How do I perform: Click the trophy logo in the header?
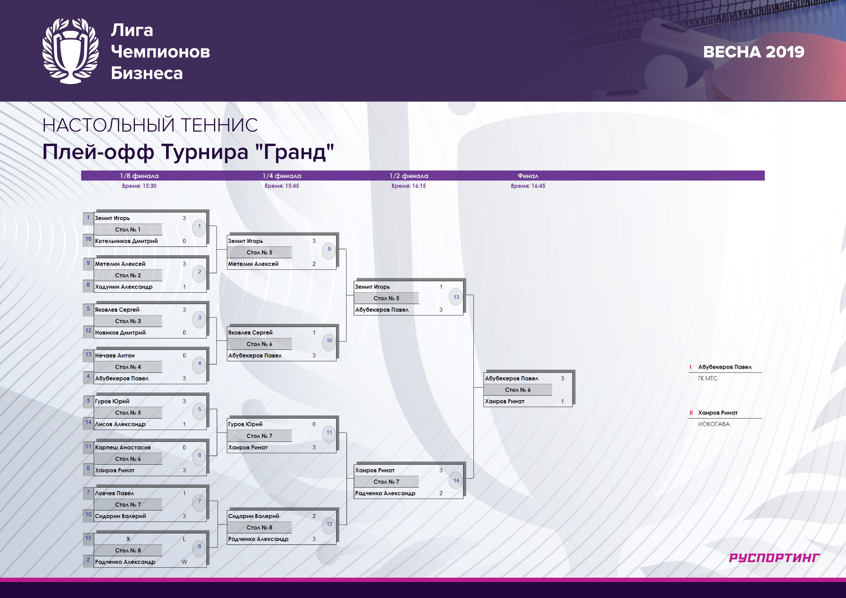point(70,51)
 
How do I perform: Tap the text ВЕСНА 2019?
point(754,52)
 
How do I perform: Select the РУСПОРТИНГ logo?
point(774,558)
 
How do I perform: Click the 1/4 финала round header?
point(282,176)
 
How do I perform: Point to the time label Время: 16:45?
point(528,186)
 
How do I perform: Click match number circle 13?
point(456,297)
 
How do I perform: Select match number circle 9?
point(329,249)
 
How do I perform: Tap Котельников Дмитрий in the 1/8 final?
point(127,241)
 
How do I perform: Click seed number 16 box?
point(88,239)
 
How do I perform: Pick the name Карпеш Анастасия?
point(123,447)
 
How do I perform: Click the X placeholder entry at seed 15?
point(128,539)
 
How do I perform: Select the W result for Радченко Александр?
point(184,562)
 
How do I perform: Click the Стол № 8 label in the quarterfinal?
point(259,528)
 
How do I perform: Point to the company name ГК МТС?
point(708,378)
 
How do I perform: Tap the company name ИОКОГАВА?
point(714,424)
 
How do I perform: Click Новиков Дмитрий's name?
point(120,333)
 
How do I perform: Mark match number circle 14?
point(456,480)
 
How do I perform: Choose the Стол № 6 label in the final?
point(518,390)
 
